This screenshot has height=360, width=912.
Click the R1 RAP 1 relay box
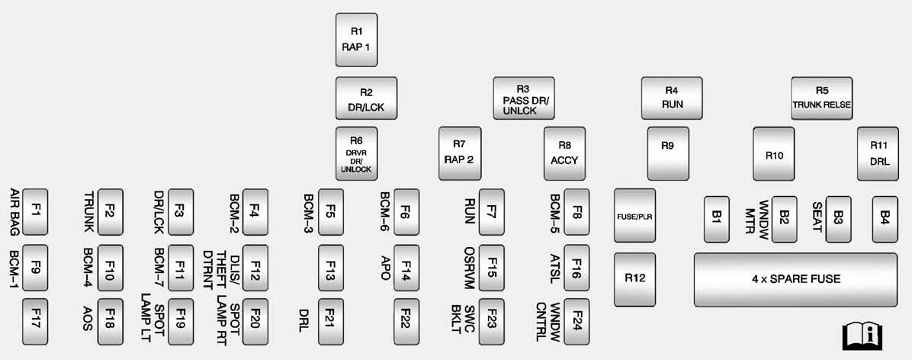356,40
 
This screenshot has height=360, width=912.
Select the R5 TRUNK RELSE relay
821,98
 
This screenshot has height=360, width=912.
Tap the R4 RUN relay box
671,98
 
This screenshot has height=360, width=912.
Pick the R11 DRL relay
878,153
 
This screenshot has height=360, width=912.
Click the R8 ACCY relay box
564,153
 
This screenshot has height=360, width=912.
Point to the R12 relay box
634,279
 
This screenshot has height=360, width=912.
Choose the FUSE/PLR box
634,216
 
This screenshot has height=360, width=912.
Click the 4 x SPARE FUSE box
795,279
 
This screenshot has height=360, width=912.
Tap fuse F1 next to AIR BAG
35,211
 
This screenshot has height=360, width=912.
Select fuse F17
35,321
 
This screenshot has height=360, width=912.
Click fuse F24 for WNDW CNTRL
577,321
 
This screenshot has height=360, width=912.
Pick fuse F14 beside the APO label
406,267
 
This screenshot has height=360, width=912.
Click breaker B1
716,218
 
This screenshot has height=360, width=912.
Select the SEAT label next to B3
816,216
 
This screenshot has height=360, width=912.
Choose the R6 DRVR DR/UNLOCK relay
356,153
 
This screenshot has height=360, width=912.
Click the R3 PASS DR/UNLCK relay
523,98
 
